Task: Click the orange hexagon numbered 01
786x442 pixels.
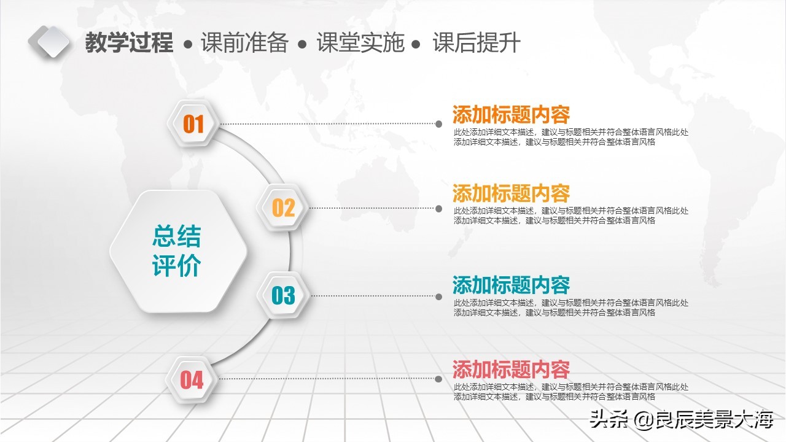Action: point(193,124)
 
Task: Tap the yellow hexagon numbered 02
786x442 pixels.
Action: point(283,208)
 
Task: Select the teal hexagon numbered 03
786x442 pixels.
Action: point(283,295)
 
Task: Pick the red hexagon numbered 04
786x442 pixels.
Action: point(192,380)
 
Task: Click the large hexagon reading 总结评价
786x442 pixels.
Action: point(178,251)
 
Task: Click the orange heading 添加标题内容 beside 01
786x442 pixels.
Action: point(511,115)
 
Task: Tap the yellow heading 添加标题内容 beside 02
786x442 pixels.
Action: point(511,193)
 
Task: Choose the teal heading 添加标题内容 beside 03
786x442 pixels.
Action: point(511,285)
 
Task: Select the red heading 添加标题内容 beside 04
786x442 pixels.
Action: point(511,370)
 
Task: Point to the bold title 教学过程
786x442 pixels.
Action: point(130,43)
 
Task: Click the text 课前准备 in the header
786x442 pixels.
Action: point(244,43)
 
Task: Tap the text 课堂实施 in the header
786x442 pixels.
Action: point(360,43)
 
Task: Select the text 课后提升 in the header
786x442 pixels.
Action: point(477,43)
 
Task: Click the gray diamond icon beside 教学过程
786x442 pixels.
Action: point(50,41)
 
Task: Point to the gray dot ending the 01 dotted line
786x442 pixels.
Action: point(438,124)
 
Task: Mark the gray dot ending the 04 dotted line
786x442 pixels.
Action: point(438,379)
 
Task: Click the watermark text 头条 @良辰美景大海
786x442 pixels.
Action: point(681,420)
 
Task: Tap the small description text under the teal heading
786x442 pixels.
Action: point(571,308)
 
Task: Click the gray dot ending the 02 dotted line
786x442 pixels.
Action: point(438,209)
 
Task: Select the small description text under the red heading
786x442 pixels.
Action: point(571,392)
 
